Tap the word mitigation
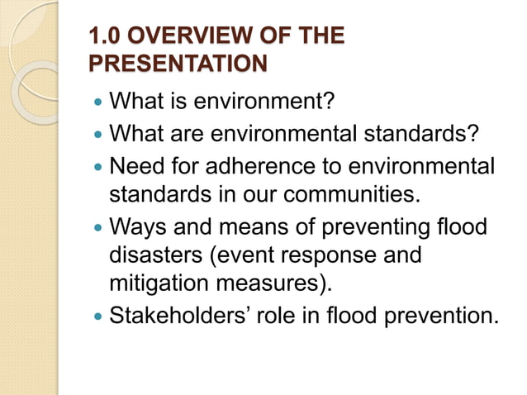(x=158, y=285)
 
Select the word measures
(x=277, y=285)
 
